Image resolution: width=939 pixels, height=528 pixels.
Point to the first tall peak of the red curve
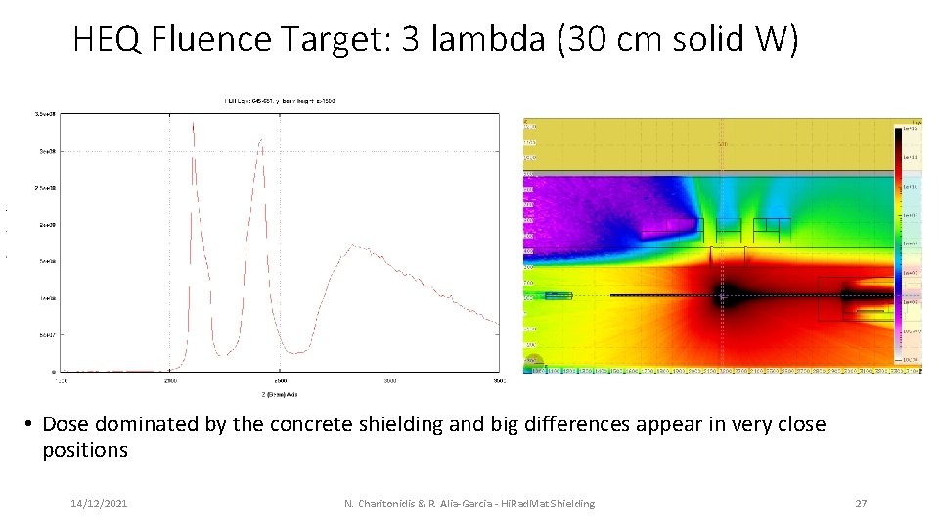pos(193,122)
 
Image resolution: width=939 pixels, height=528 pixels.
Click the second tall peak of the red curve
pos(261,140)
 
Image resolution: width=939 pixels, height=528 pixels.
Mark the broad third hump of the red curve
pos(356,247)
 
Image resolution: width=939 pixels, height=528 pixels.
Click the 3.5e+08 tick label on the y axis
pos(43,114)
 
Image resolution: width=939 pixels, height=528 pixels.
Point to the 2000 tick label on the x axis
pos(169,380)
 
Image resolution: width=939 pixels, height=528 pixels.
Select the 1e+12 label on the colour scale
pos(910,128)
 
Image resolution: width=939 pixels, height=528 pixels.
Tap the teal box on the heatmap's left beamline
pos(558,295)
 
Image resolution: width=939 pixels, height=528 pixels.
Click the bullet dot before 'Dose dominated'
pos(30,424)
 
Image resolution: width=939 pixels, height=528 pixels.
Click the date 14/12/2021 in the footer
pos(98,504)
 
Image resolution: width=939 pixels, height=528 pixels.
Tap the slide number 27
pos(861,504)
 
